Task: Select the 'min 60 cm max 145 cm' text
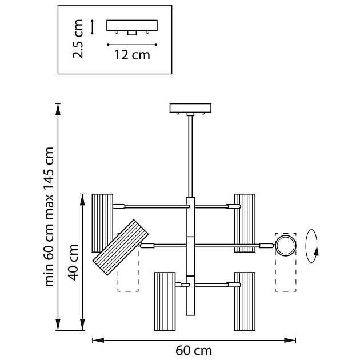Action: coord(50,217)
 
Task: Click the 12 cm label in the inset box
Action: coord(133,55)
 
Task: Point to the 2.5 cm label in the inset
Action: coord(79,38)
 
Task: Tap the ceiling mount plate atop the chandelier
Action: coord(191,108)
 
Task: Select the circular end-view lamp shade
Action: coord(286,245)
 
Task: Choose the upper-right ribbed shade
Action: coord(245,222)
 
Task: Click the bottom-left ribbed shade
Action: coord(165,301)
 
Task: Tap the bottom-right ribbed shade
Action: coord(244,301)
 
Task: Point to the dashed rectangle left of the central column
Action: coord(128,280)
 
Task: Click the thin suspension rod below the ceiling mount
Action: coord(190,154)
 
